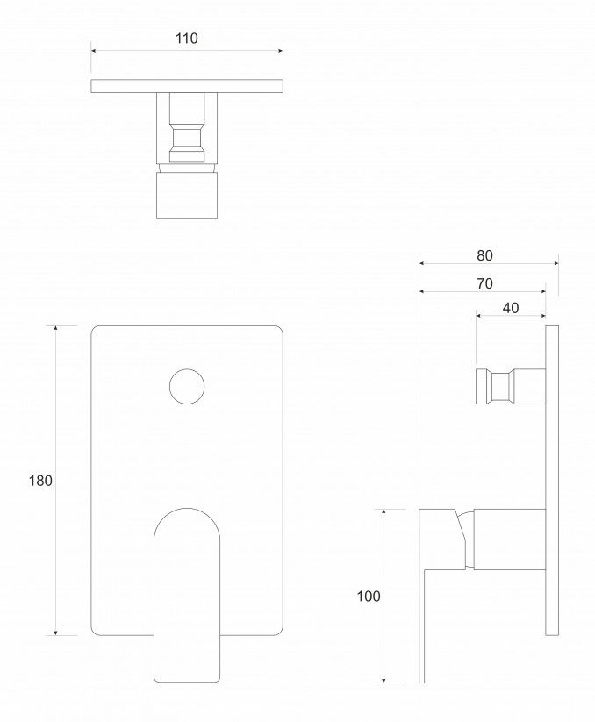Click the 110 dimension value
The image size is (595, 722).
[187, 39]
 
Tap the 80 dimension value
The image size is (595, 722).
[484, 255]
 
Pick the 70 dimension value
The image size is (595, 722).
[484, 283]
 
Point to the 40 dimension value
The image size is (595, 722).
[511, 307]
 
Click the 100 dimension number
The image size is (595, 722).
[369, 597]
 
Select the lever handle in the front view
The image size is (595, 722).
[187, 597]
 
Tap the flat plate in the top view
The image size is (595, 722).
[187, 85]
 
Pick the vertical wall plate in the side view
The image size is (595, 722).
[552, 481]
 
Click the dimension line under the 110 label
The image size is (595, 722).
[187, 51]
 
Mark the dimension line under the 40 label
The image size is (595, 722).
[511, 316]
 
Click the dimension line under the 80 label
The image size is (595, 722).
[488, 262]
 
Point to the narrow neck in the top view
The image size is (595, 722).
[187, 140]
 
